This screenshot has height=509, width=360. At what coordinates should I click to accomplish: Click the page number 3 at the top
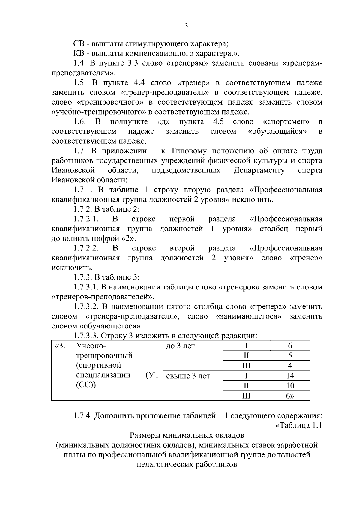[x=186, y=27]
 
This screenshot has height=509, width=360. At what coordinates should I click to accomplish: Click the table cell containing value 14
[x=290, y=376]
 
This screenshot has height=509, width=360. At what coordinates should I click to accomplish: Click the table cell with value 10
[x=290, y=385]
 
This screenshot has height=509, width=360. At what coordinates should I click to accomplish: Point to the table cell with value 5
[x=290, y=356]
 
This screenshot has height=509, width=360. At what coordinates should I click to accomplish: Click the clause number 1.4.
[x=80, y=63]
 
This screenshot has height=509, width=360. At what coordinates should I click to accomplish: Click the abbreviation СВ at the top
[x=79, y=44]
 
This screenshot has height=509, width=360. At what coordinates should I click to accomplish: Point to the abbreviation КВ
[x=79, y=54]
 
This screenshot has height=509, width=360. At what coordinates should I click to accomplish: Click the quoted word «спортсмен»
[x=286, y=122]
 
